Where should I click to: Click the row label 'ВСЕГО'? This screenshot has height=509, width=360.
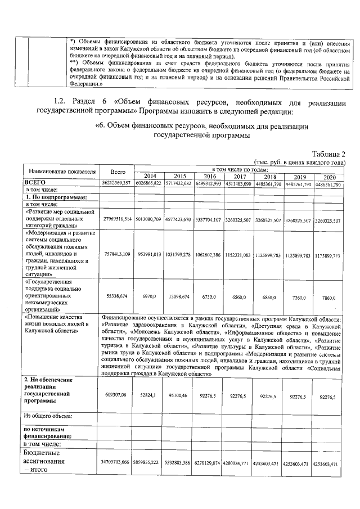tap(35, 183)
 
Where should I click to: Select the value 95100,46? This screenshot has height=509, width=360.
tap(178, 396)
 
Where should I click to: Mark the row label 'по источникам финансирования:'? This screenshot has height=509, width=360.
tap(47, 431)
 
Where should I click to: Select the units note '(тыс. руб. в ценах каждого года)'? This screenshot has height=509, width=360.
tap(299, 162)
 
